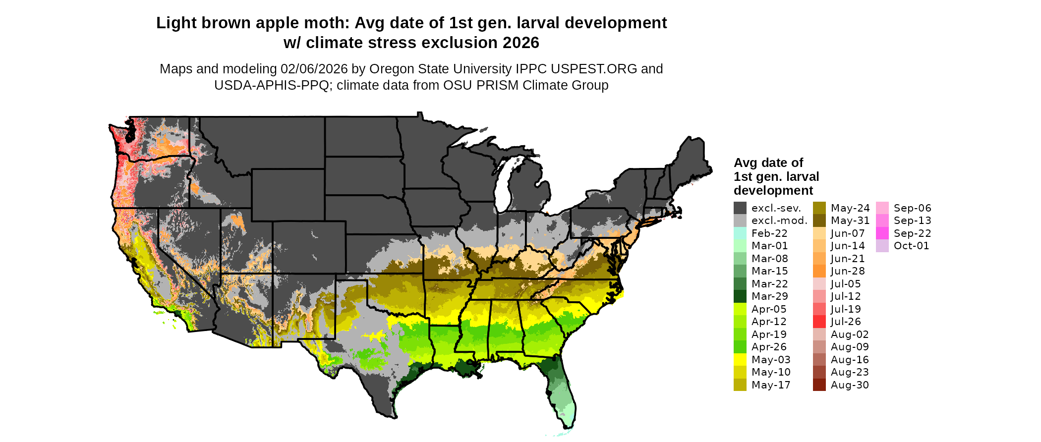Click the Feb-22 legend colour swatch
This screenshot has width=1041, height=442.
(x=740, y=233)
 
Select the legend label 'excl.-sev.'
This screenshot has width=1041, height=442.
(x=776, y=208)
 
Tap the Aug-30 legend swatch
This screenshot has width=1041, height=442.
(x=819, y=385)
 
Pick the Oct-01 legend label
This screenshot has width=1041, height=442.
(x=911, y=246)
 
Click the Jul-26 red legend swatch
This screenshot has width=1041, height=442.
(x=819, y=322)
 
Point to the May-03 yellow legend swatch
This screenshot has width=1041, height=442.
(x=740, y=360)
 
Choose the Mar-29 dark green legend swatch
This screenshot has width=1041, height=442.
(x=740, y=296)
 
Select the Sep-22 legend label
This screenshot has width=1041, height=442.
(x=912, y=233)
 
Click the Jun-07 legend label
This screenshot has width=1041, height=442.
(x=848, y=233)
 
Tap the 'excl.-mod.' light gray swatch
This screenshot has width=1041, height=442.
(x=740, y=221)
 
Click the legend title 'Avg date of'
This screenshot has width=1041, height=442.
(x=768, y=163)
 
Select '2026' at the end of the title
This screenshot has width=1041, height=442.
(x=520, y=43)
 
